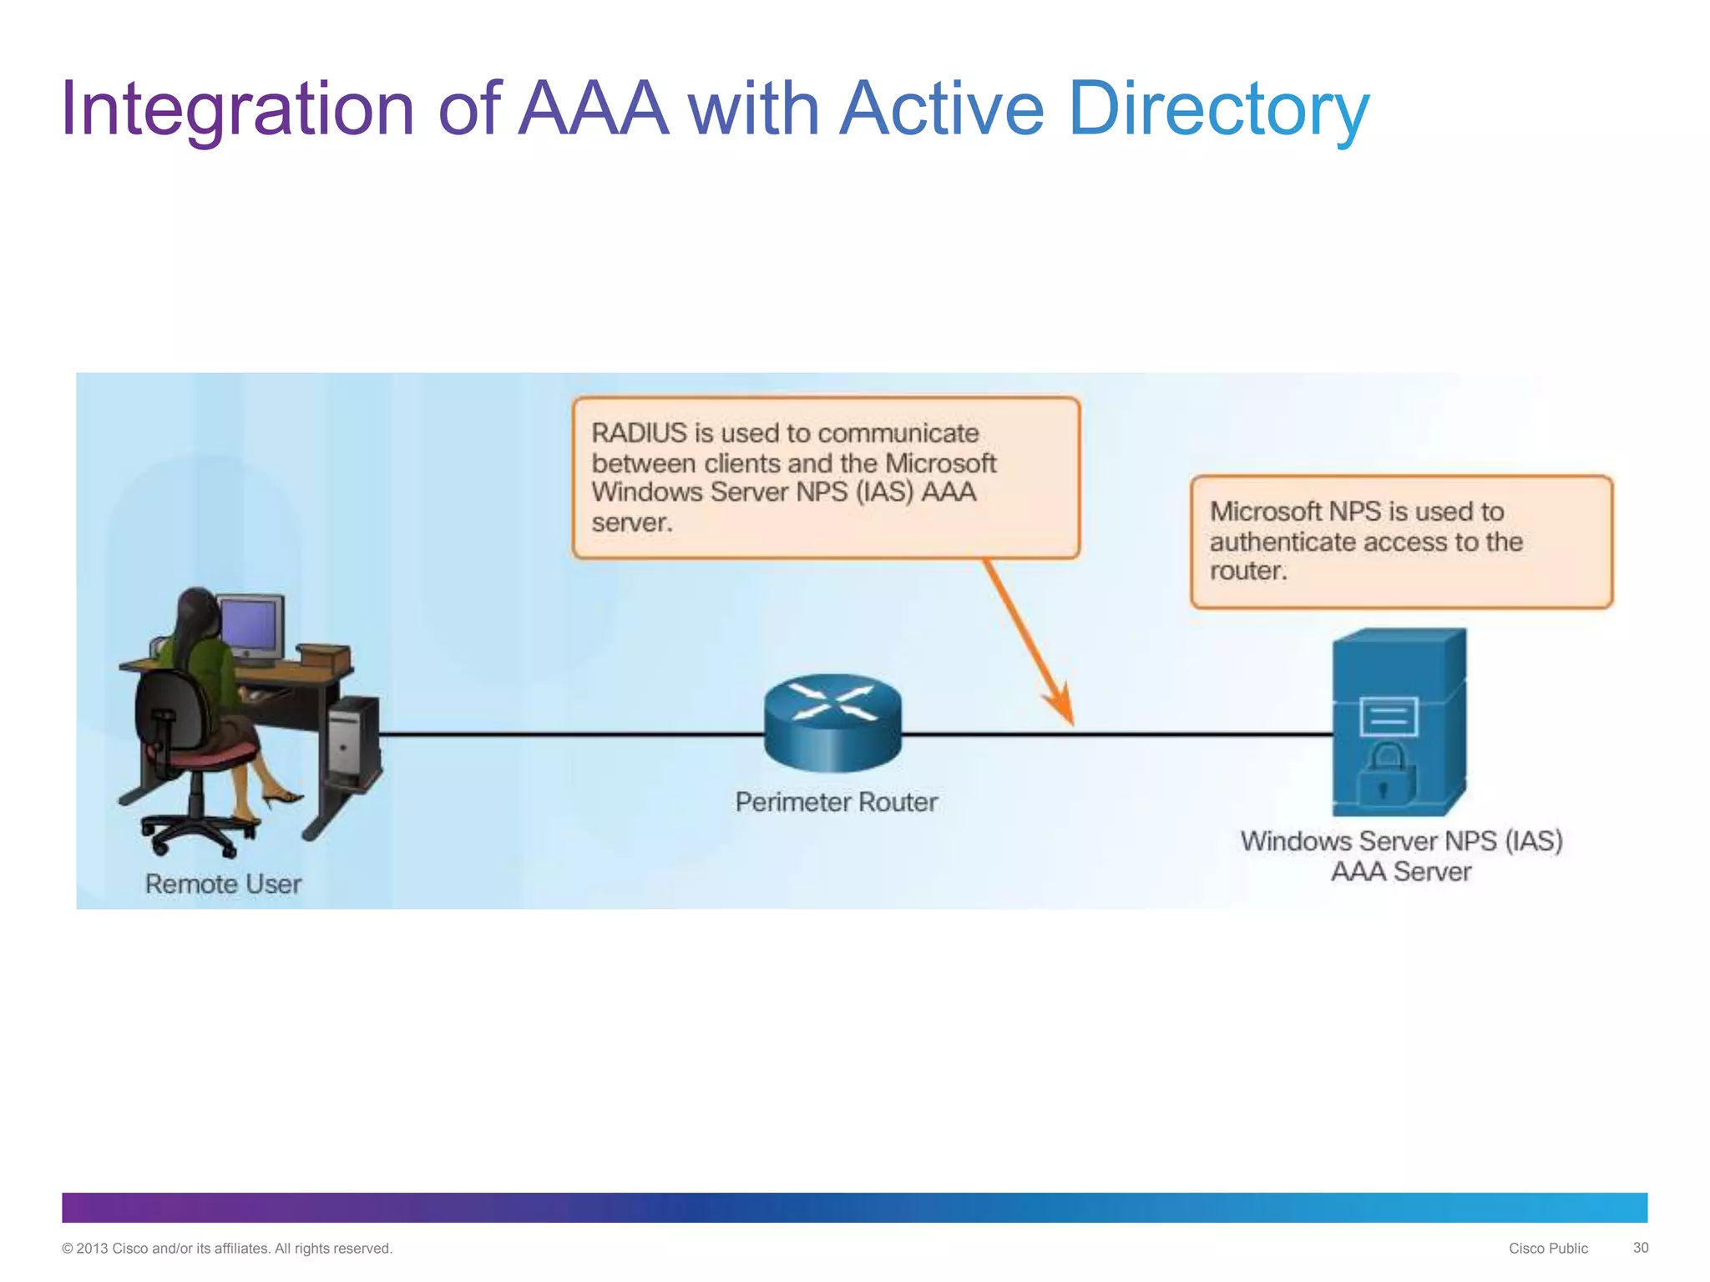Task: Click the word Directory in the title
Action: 1218,109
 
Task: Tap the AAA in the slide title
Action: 594,109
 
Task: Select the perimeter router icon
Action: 832,721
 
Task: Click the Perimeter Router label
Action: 836,802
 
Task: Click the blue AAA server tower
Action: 1399,721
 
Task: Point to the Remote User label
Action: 223,884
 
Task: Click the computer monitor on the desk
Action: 250,626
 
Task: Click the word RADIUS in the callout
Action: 639,433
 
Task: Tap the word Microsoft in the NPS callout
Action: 1265,511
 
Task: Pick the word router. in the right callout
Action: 1248,571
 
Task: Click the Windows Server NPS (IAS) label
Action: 1401,840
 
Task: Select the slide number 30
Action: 1640,1248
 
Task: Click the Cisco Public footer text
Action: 1547,1249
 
